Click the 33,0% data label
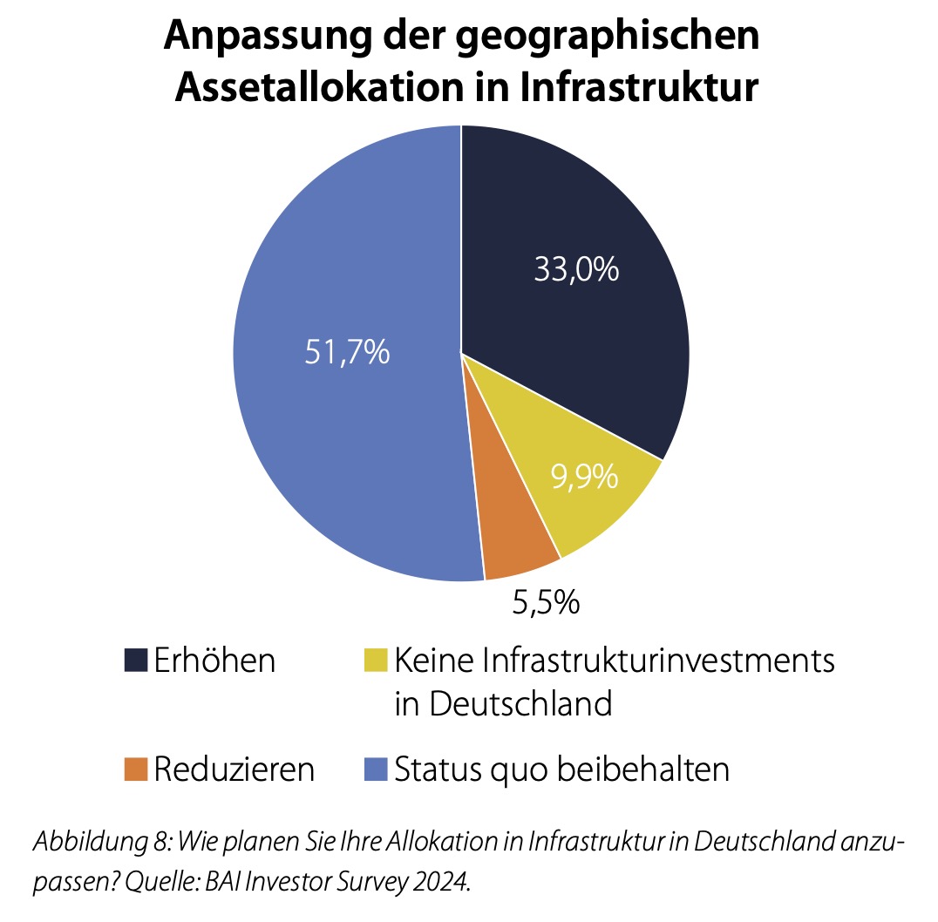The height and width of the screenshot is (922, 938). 576,269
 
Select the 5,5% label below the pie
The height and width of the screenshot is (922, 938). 545,602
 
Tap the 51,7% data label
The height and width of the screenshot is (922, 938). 347,354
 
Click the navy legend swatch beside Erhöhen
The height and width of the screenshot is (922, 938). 135,660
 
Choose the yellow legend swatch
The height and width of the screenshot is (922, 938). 375,660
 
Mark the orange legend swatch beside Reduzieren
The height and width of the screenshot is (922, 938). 135,769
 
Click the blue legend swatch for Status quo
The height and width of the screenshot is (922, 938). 375,769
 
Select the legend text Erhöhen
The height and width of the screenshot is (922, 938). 214,660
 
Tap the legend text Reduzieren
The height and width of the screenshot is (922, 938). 234,769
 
